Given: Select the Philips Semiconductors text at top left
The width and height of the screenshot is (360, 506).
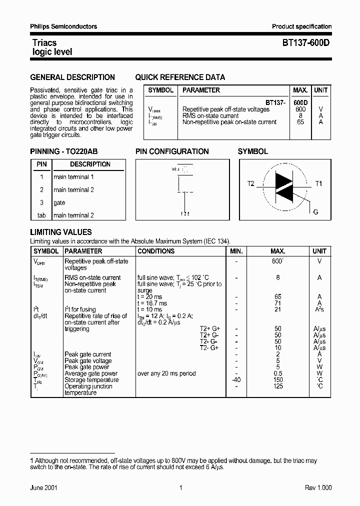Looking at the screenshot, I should click(x=63, y=26).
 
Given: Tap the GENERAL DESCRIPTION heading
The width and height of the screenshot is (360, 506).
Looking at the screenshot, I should click(x=72, y=77).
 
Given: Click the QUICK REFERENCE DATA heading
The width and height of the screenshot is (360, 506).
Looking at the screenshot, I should click(x=180, y=77).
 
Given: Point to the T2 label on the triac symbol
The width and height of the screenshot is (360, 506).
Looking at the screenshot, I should click(x=251, y=184).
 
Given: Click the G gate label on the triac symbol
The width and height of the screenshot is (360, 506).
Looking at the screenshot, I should click(x=315, y=212).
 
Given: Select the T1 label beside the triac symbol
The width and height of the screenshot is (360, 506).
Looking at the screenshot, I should click(x=318, y=184).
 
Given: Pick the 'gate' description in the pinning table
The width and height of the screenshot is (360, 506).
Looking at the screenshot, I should click(x=59, y=202).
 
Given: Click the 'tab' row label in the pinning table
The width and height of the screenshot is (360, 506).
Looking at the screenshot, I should click(x=41, y=215).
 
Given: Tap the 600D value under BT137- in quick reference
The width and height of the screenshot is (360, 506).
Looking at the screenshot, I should click(x=300, y=102).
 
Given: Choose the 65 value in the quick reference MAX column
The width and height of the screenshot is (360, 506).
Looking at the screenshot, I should click(x=300, y=122).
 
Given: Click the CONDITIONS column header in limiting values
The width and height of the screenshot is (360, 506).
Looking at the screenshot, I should click(x=156, y=251).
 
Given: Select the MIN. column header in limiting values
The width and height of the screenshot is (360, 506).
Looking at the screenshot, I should click(x=236, y=251).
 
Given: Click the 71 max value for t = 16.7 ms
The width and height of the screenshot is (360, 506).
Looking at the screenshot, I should click(x=278, y=303).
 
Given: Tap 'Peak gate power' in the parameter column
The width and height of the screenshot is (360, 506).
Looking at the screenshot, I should click(x=84, y=367).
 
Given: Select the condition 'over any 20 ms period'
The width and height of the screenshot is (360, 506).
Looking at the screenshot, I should click(x=166, y=373).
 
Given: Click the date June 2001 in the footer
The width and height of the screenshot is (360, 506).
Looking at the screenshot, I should click(x=43, y=487).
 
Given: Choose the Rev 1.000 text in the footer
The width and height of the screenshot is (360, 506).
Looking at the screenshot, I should click(x=318, y=487).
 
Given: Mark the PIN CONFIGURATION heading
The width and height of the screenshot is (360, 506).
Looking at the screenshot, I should click(x=172, y=151).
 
